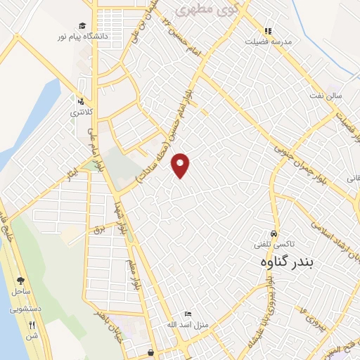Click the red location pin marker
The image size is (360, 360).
click(x=181, y=165)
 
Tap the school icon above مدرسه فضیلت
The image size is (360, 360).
click(x=267, y=30)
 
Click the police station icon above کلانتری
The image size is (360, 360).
click(x=82, y=101)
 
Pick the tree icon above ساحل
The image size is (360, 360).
click(x=20, y=280)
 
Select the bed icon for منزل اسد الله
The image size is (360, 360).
click(x=186, y=314)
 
